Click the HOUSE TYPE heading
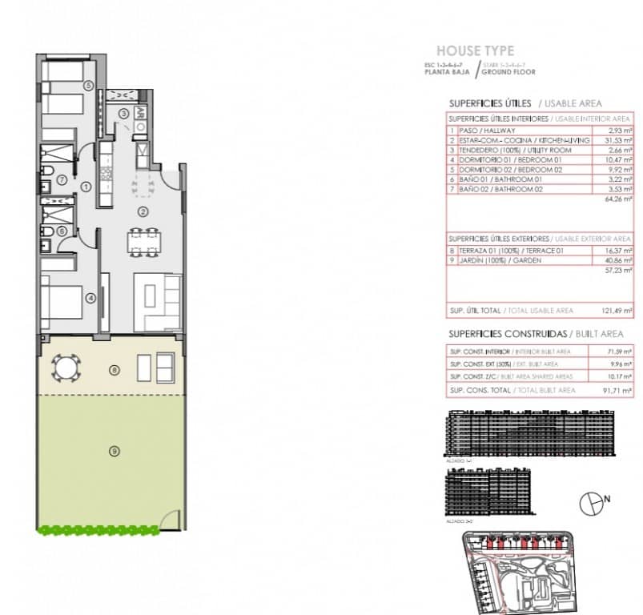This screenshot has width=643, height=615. click(475, 51)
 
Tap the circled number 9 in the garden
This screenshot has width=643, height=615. click(114, 452)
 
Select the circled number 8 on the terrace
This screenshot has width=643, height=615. click(115, 370)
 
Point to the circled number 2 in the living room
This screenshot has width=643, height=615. click(142, 211)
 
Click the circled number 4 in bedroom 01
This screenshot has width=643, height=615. click(91, 299)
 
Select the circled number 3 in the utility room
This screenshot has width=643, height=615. click(123, 114)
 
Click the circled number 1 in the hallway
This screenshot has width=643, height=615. click(86, 187)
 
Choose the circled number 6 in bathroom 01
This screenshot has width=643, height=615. click(62, 231)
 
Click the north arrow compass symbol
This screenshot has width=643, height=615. click(589, 501)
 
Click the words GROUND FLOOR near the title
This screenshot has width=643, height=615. click(510, 72)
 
